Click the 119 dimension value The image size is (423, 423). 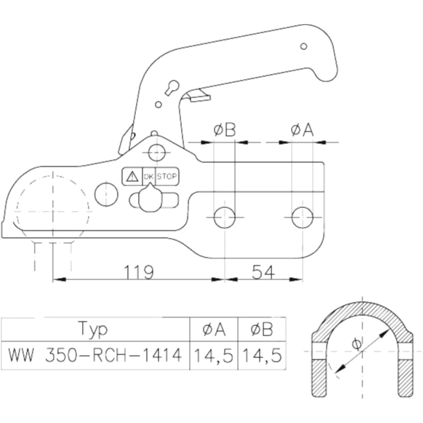(x=139, y=272)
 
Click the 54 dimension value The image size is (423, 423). (x=263, y=272)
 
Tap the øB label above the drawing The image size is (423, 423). (x=225, y=130)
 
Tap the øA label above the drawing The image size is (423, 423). (x=302, y=130)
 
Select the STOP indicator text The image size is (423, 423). (x=167, y=177)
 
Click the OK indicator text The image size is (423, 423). (x=148, y=177)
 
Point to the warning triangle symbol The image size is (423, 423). (x=132, y=177)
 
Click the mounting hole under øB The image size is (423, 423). (x=225, y=217)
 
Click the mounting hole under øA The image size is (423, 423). (x=302, y=217)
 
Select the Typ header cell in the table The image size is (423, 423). (x=93, y=329)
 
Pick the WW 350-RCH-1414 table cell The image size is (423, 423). (x=95, y=355)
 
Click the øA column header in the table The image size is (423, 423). (x=214, y=329)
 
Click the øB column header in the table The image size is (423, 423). (x=262, y=329)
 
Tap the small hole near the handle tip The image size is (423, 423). (x=303, y=47)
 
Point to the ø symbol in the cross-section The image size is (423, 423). (x=357, y=344)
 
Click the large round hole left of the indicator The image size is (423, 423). (x=107, y=195)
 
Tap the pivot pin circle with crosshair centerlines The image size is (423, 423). (x=157, y=153)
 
